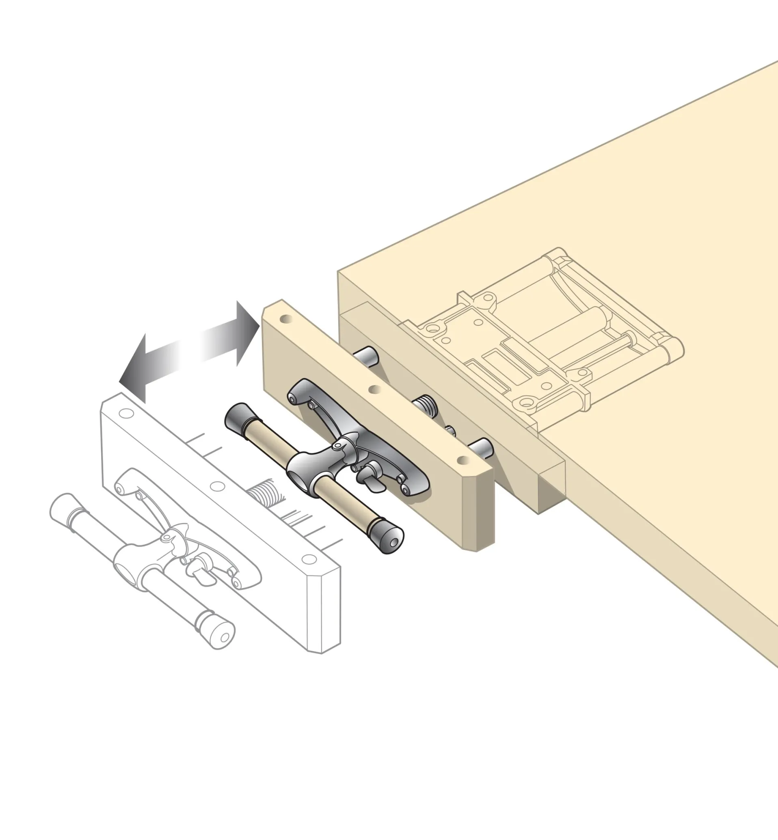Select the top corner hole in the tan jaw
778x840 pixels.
pos(287,319)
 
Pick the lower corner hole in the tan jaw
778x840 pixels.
pos(465,460)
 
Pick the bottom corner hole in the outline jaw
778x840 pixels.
pos(309,559)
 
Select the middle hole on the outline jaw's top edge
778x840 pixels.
pos(217,487)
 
